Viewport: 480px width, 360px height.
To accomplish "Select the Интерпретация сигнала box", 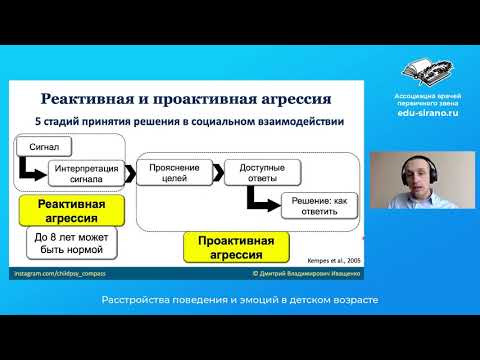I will point(87,174).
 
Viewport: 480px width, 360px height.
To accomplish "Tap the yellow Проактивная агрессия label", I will point(236,245).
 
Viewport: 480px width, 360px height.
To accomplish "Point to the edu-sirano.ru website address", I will point(427,114).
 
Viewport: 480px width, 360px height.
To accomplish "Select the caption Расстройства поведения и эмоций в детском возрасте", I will point(240,301).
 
